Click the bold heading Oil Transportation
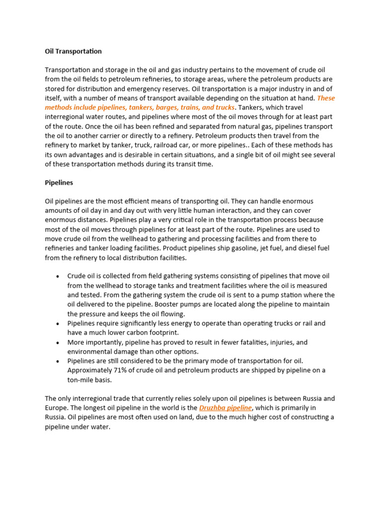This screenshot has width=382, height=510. click(73, 51)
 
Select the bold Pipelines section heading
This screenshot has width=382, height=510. click(59, 183)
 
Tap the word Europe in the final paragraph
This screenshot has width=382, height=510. click(56, 408)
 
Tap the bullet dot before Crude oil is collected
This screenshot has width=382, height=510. click(58, 276)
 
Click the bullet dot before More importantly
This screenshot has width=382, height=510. click(58, 343)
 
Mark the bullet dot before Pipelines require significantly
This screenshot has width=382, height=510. click(58, 324)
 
